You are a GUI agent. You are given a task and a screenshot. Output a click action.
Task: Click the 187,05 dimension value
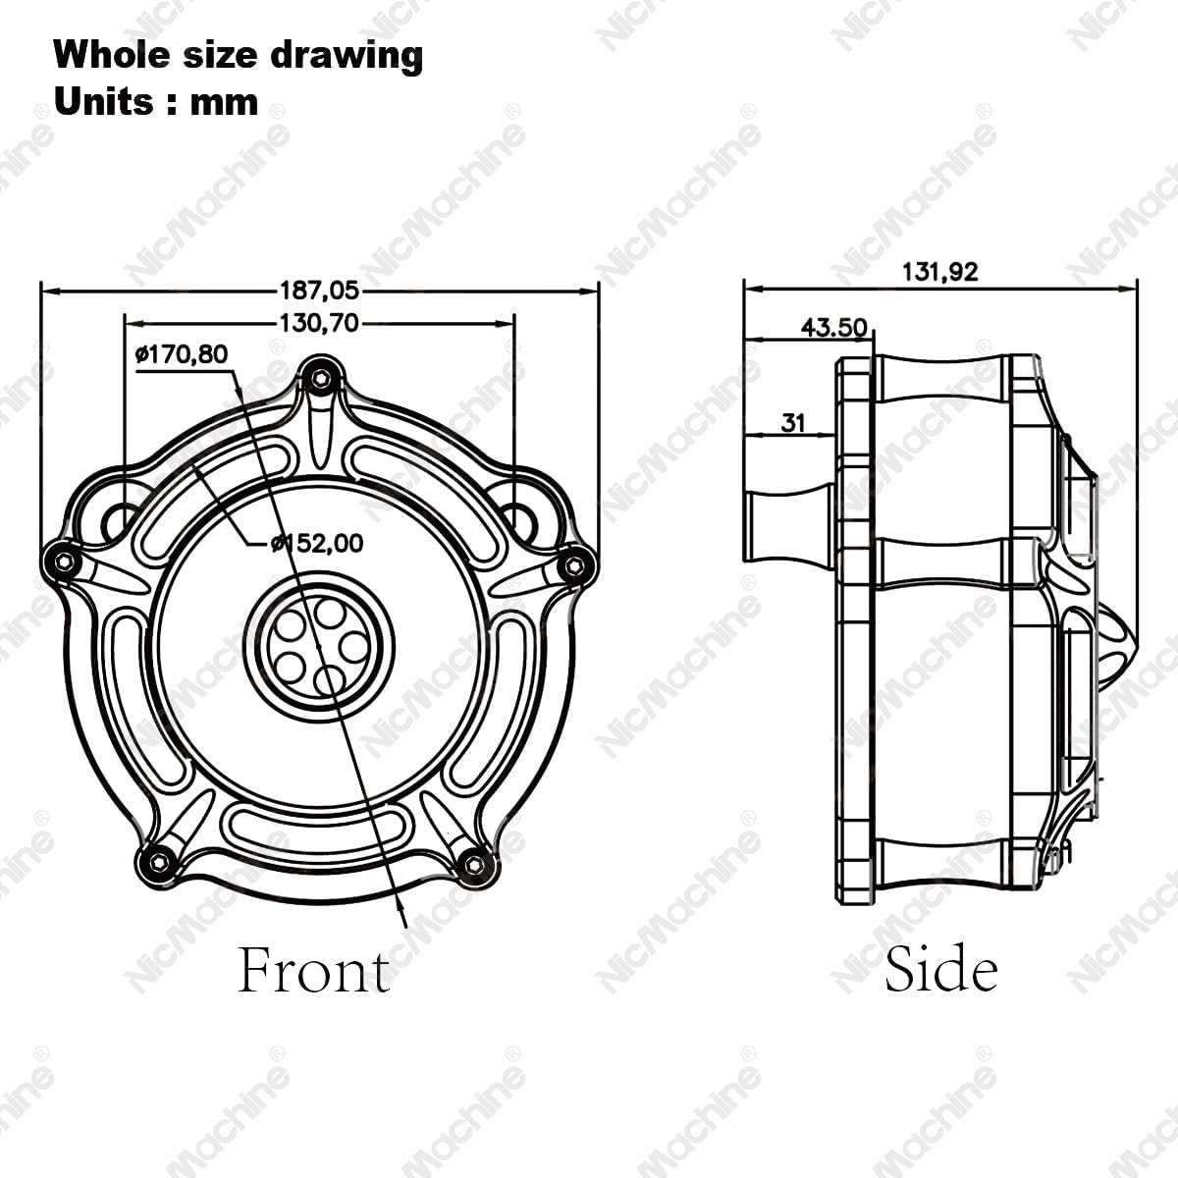(x=320, y=291)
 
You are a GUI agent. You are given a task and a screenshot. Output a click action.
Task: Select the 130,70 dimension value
(x=320, y=322)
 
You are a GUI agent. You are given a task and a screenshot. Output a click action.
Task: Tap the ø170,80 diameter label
(x=181, y=353)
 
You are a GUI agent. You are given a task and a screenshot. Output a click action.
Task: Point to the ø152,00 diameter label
(x=315, y=543)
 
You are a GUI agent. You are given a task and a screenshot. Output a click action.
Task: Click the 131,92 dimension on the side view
(x=939, y=272)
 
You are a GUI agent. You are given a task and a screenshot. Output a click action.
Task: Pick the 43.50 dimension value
(x=833, y=327)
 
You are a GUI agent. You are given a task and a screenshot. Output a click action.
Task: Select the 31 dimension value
(x=793, y=422)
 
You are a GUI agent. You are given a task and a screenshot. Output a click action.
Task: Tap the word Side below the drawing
(x=940, y=969)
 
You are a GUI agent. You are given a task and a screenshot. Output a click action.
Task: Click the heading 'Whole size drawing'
(x=239, y=55)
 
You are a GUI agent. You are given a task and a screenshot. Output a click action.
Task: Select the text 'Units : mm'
(x=156, y=101)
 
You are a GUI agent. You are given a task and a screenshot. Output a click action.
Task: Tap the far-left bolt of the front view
(x=64, y=561)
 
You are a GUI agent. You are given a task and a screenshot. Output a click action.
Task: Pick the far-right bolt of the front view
(x=575, y=564)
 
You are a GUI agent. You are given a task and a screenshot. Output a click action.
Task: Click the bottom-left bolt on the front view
(x=159, y=863)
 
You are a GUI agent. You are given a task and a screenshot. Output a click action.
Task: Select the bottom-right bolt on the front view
(x=474, y=864)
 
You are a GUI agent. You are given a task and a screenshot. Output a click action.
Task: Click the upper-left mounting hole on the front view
(x=122, y=519)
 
